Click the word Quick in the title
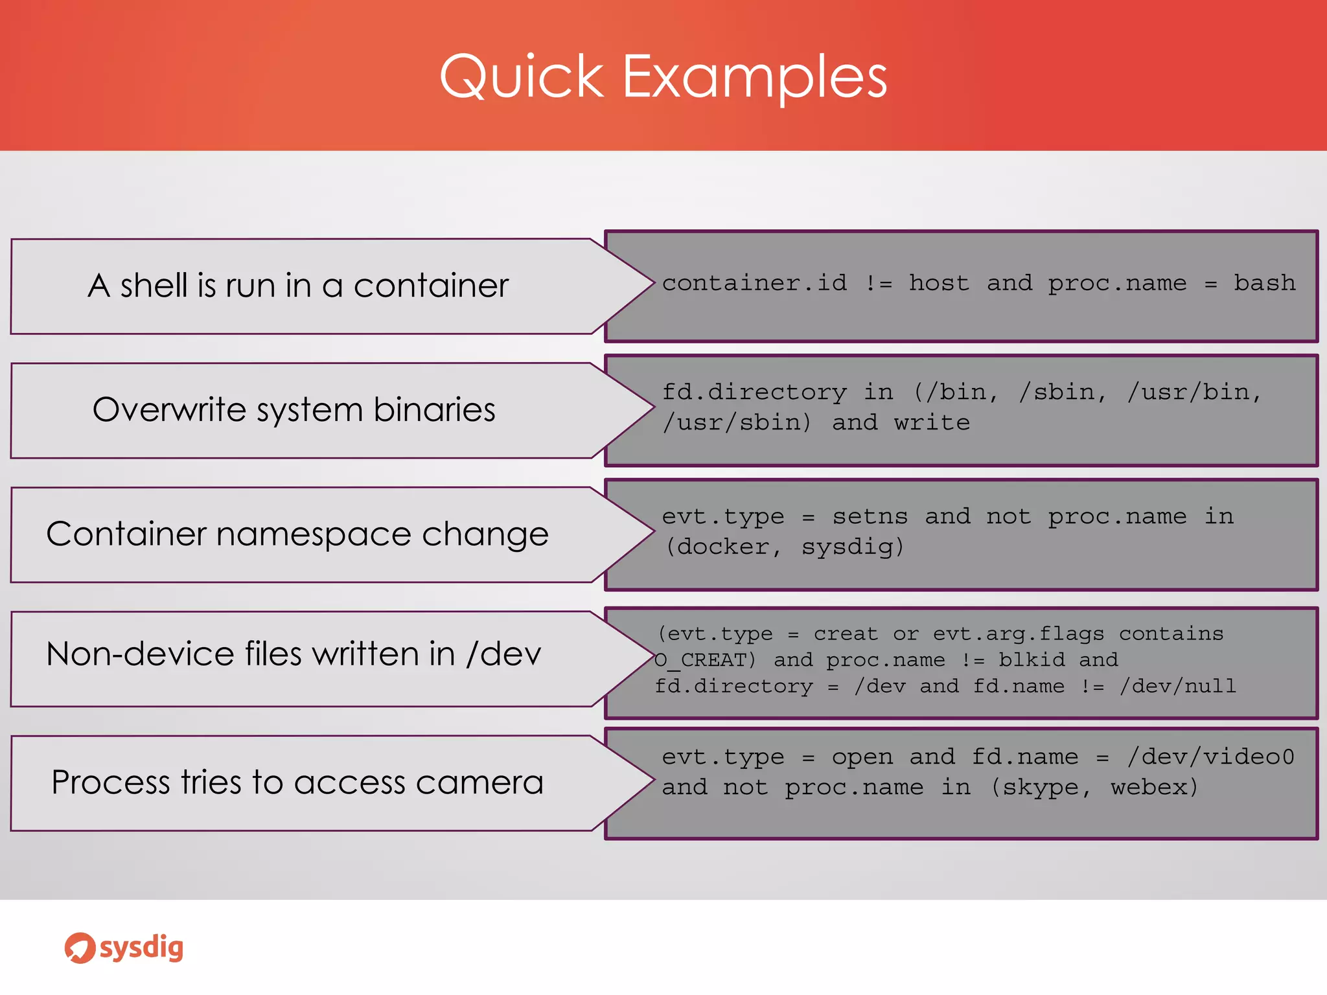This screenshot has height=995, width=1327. click(x=522, y=77)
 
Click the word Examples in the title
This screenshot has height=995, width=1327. click(x=755, y=77)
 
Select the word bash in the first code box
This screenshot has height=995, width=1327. click(x=1264, y=283)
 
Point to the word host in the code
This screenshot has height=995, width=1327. click(x=939, y=283)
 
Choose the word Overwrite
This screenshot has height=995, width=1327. click(x=170, y=409)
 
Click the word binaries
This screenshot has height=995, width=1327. click(x=434, y=409)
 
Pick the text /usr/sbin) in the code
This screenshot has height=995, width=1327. click(x=737, y=422)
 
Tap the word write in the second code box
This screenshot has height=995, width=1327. click(x=932, y=422)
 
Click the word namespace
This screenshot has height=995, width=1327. click(x=314, y=534)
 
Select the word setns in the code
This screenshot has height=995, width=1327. click(x=870, y=516)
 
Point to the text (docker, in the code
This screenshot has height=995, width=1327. click(x=724, y=547)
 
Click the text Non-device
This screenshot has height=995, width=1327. click(x=141, y=653)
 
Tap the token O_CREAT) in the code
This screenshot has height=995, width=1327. click(x=705, y=660)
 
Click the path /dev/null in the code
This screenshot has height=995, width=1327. click(x=1178, y=686)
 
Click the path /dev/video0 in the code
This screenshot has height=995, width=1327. click(x=1210, y=757)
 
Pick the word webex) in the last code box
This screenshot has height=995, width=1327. click(x=1154, y=787)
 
